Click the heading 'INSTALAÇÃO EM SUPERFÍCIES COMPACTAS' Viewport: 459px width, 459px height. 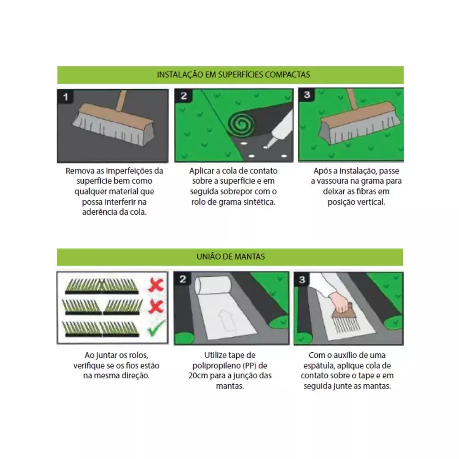coord(233,75)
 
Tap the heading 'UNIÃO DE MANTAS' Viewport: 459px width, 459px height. coord(231,257)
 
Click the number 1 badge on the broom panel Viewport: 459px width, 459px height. coord(65,97)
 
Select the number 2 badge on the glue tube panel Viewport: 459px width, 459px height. coord(183,96)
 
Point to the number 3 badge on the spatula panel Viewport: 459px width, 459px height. coord(302,280)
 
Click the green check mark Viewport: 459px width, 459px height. coord(156,328)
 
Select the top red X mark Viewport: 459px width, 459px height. coord(156,285)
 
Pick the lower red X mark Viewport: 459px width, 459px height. coord(156,307)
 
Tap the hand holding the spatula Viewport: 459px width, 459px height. coord(340,302)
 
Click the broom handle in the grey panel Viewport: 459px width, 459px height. coord(121,100)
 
